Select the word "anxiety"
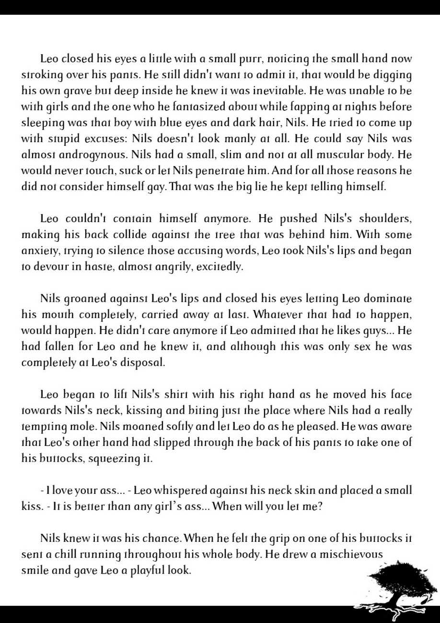[x=37, y=251]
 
